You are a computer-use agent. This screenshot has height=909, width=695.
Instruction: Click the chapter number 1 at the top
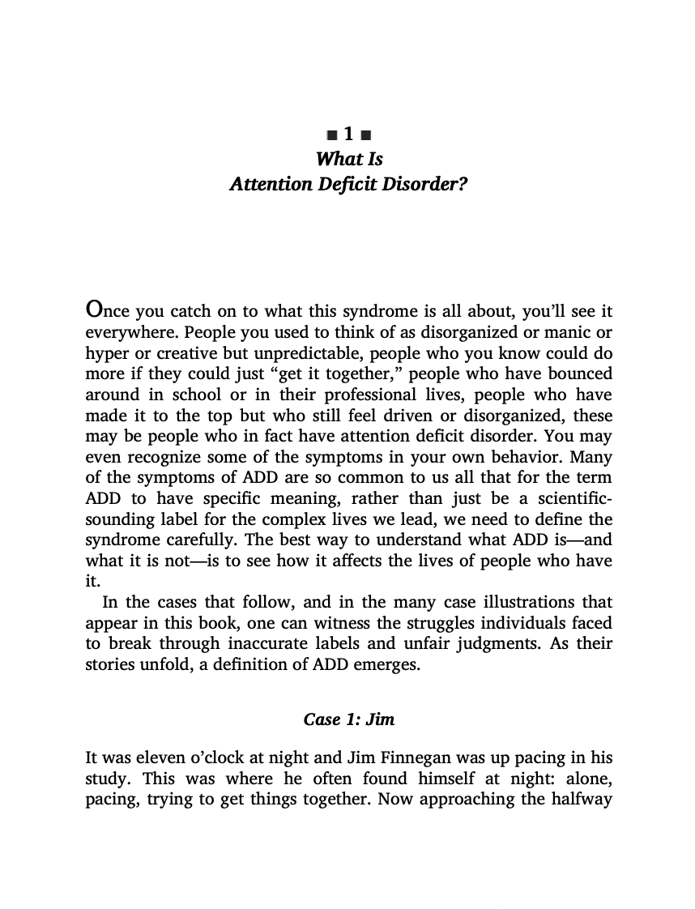pos(348,134)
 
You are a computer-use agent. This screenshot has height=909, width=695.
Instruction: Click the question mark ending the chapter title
pos(463,185)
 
